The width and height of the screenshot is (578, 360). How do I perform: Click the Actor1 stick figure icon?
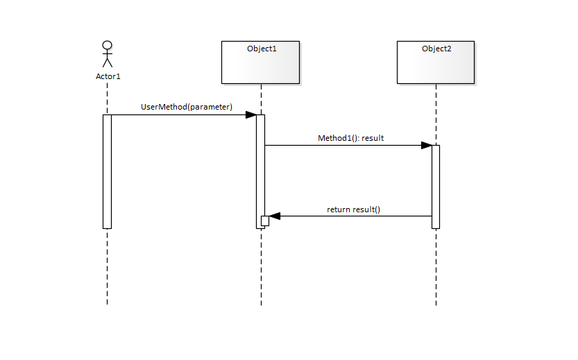coord(107,55)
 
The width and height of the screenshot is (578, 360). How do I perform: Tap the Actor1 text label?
coord(108,76)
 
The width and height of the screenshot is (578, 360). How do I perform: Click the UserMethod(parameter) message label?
coord(187,107)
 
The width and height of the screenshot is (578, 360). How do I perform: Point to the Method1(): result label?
coord(350,138)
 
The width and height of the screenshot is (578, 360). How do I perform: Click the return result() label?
coord(353,209)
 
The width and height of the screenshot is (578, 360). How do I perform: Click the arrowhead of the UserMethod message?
coord(250,114)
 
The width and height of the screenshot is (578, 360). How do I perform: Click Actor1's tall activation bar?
coord(107,171)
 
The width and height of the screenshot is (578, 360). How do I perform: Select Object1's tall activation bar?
coord(260,166)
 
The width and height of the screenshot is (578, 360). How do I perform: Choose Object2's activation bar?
coord(436,186)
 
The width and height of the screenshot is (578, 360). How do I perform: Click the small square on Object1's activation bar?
coord(265,221)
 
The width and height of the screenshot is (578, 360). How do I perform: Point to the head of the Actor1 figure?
coord(107,46)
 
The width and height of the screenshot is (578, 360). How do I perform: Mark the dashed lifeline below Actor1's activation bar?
coord(108,267)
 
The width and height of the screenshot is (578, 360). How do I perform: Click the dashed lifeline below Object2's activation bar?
coord(436,267)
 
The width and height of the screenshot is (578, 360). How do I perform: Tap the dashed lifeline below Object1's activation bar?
coord(261,267)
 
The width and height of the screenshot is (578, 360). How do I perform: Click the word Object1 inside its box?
coord(262,49)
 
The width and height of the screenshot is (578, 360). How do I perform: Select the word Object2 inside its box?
coord(436,49)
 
